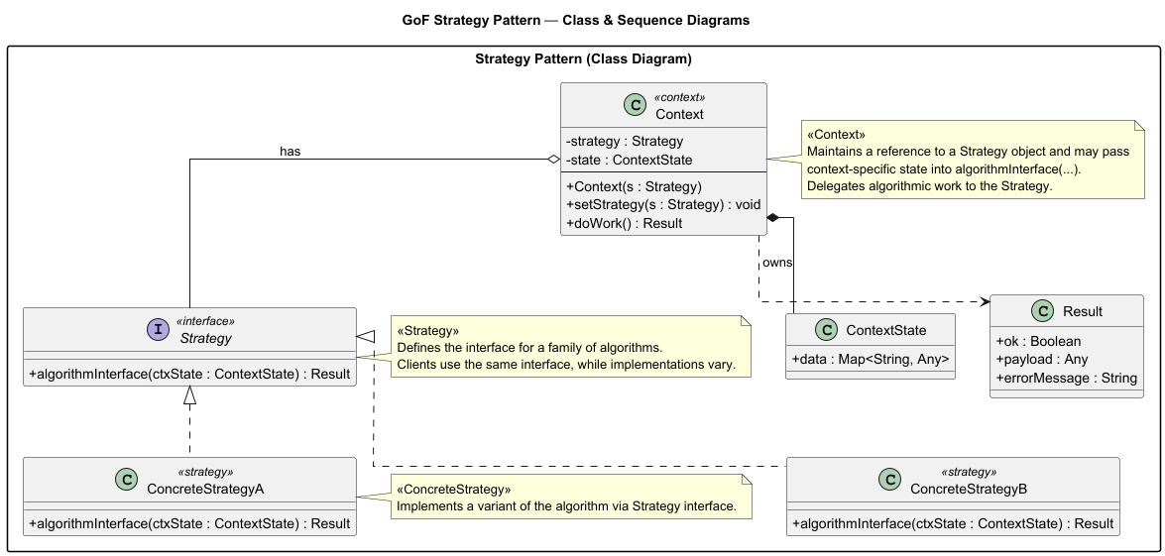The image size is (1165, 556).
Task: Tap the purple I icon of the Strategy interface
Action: click(x=158, y=330)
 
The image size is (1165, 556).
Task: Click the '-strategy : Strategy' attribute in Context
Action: click(x=625, y=141)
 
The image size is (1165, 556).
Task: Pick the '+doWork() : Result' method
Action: click(x=625, y=223)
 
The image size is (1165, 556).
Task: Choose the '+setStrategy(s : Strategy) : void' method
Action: click(x=662, y=204)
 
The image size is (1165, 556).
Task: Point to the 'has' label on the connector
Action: click(x=290, y=152)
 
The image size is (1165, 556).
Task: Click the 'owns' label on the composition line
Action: click(x=777, y=263)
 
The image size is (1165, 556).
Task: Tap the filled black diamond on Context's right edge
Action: click(x=774, y=217)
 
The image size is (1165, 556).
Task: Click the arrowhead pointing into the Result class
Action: click(x=984, y=301)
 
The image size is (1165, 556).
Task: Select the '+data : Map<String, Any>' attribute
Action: click(x=870, y=359)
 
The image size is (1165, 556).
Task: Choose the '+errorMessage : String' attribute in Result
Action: click(x=1066, y=378)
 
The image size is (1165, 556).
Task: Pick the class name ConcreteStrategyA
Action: click(x=205, y=489)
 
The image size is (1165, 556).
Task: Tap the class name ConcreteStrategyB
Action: click(x=969, y=489)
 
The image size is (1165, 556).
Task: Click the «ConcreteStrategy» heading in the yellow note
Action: click(x=454, y=490)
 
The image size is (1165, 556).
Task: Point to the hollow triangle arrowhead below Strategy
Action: click(x=189, y=395)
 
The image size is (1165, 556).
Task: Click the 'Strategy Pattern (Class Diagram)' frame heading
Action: click(x=583, y=59)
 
